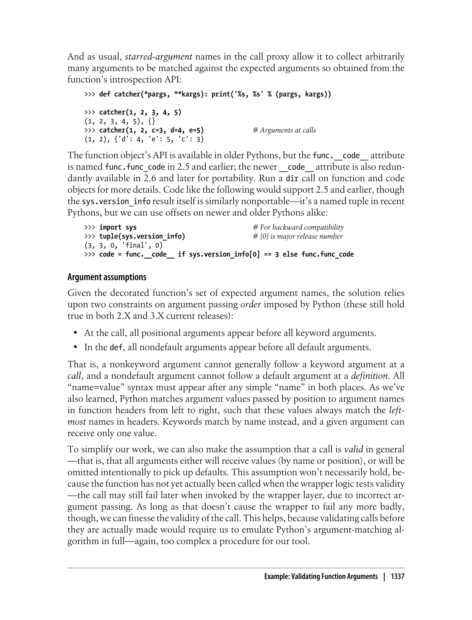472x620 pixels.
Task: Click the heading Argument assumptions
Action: tap(107, 277)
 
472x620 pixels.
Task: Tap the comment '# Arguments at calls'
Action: tap(284, 130)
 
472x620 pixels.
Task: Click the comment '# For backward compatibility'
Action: tap(298, 227)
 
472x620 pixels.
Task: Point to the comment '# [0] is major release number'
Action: tap(298, 236)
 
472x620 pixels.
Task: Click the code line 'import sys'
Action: tap(118, 227)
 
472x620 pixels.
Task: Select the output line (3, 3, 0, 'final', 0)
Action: tap(124, 245)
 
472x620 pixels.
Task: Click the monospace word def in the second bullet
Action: tap(116, 348)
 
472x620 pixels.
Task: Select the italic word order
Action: tap(251, 304)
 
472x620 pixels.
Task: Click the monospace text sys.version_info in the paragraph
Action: tap(116, 201)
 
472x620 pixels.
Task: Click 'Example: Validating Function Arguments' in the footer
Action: tap(321, 577)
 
